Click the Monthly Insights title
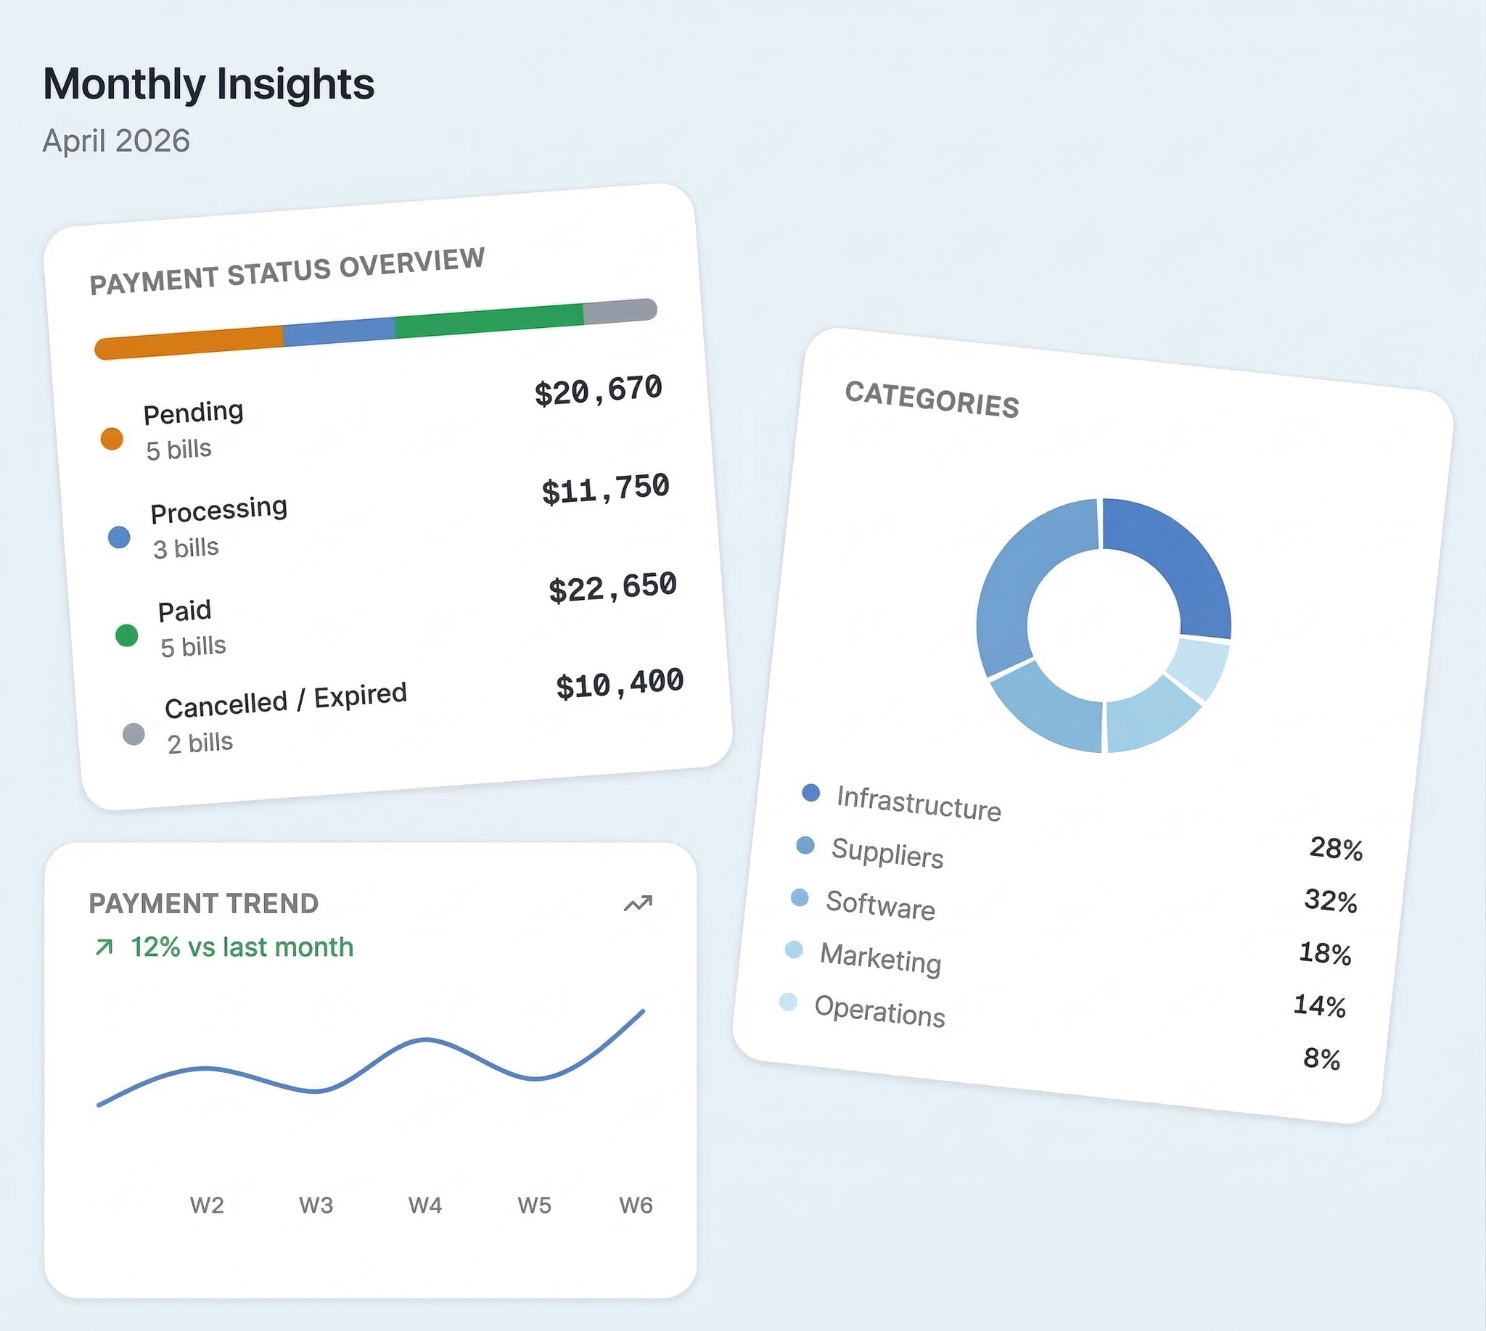pyautogui.click(x=208, y=84)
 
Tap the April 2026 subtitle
pyautogui.click(x=115, y=141)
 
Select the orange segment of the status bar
pyautogui.click(x=189, y=342)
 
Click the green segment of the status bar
pyautogui.click(x=489, y=321)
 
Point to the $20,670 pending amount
pyautogui.click(x=598, y=390)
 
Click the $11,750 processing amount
pyautogui.click(x=605, y=489)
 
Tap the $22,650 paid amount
pyautogui.click(x=612, y=588)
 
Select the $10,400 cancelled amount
pyautogui.click(x=620, y=685)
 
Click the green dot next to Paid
pyautogui.click(x=126, y=635)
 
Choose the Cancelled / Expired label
pyautogui.click(x=285, y=700)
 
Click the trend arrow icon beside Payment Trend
pyautogui.click(x=637, y=904)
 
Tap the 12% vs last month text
pyautogui.click(x=242, y=947)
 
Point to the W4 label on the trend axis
pyautogui.click(x=425, y=1206)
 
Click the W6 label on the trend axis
pyautogui.click(x=636, y=1206)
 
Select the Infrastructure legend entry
pyautogui.click(x=919, y=803)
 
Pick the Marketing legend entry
pyautogui.click(x=880, y=958)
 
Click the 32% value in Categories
pyautogui.click(x=1330, y=901)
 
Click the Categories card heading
pyautogui.click(x=932, y=399)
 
